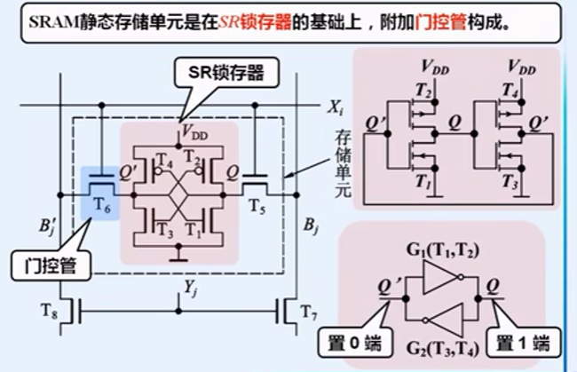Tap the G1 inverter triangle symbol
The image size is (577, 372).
[440, 281]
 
